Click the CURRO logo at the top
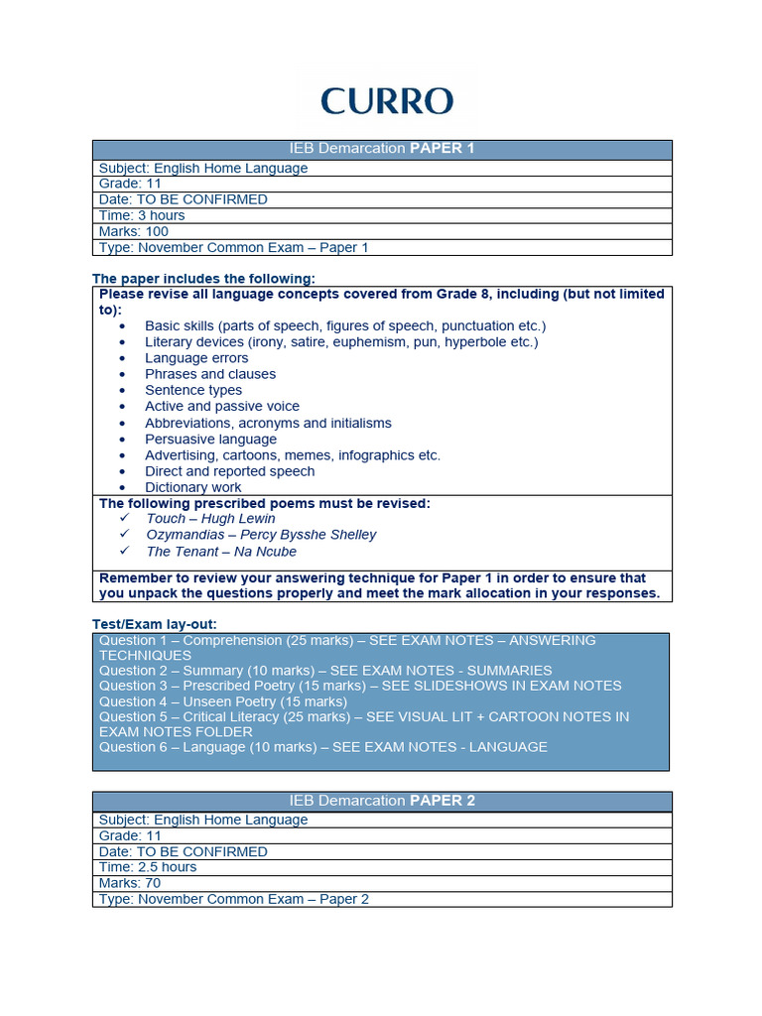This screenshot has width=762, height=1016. (387, 100)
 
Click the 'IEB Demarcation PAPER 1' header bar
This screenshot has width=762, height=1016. (382, 149)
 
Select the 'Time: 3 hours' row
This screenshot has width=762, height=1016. (142, 215)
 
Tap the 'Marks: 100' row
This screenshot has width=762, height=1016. (134, 231)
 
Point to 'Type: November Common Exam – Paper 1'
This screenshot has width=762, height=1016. (233, 247)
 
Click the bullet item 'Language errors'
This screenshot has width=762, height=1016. (196, 358)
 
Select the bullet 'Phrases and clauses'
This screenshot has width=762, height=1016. (210, 374)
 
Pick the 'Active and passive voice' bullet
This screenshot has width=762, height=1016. (222, 406)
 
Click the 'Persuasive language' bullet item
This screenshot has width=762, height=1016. (210, 439)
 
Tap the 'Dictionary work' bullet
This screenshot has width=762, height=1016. (193, 487)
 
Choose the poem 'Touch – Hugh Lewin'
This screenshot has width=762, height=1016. (210, 518)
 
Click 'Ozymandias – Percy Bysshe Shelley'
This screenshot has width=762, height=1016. (261, 534)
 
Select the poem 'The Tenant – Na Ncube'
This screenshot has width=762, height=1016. (221, 551)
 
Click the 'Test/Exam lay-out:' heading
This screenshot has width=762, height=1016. (154, 623)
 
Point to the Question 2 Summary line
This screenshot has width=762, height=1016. (325, 671)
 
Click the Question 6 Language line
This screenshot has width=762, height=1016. (322, 747)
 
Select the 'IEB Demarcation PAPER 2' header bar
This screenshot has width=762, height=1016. (382, 801)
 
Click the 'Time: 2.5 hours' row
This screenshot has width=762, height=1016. (148, 867)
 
